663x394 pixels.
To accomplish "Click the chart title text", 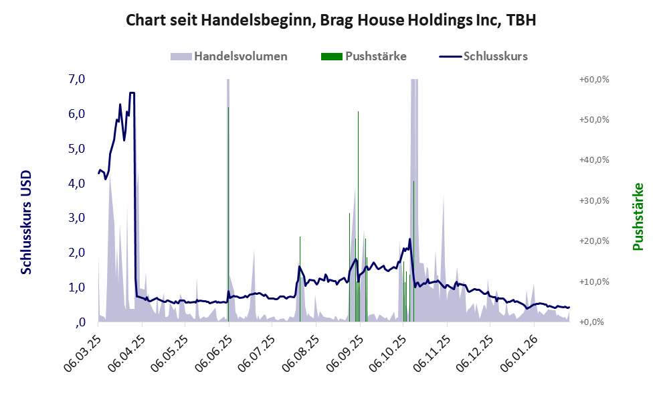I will coord(331,21).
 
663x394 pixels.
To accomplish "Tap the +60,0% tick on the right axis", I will coord(593,79).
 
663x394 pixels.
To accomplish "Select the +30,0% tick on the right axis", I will coord(593,200).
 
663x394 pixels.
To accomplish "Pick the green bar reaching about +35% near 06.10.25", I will coord(413,248).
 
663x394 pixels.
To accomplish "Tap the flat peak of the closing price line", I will coord(132,93).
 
